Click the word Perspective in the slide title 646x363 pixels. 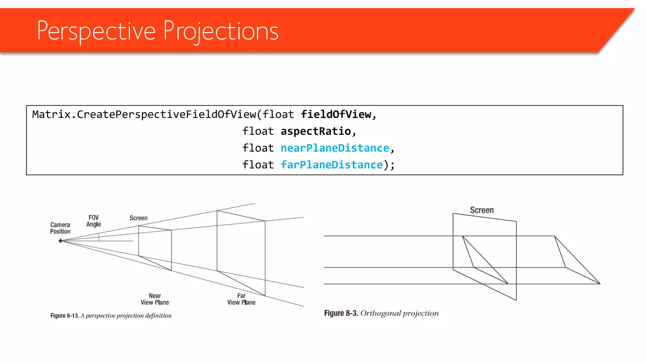pyautogui.click(x=96, y=31)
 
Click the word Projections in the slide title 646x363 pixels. pyautogui.click(x=221, y=31)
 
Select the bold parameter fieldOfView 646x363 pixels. pyautogui.click(x=336, y=114)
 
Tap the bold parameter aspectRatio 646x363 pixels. pyautogui.click(x=316, y=131)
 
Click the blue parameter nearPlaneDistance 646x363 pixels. pyautogui.click(x=335, y=148)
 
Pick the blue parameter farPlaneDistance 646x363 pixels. pyautogui.click(x=332, y=165)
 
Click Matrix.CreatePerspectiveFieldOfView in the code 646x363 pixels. pyautogui.click(x=144, y=114)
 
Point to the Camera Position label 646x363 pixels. pyautogui.click(x=60, y=228)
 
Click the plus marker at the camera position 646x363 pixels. pyautogui.click(x=60, y=241)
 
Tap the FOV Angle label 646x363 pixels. pyautogui.click(x=93, y=221)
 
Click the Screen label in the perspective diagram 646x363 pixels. pyautogui.click(x=138, y=218)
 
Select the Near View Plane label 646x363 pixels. pyautogui.click(x=155, y=299)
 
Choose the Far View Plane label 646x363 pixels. pyautogui.click(x=241, y=299)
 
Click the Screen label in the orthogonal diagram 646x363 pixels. pyautogui.click(x=482, y=210)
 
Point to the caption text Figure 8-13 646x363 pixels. pyautogui.click(x=64, y=316)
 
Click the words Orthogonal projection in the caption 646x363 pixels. pyautogui.click(x=399, y=313)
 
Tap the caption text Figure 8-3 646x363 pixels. pyautogui.click(x=341, y=313)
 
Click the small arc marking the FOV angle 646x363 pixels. pyautogui.click(x=99, y=237)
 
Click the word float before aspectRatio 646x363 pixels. pyautogui.click(x=258, y=131)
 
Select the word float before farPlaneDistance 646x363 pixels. pyautogui.click(x=258, y=165)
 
